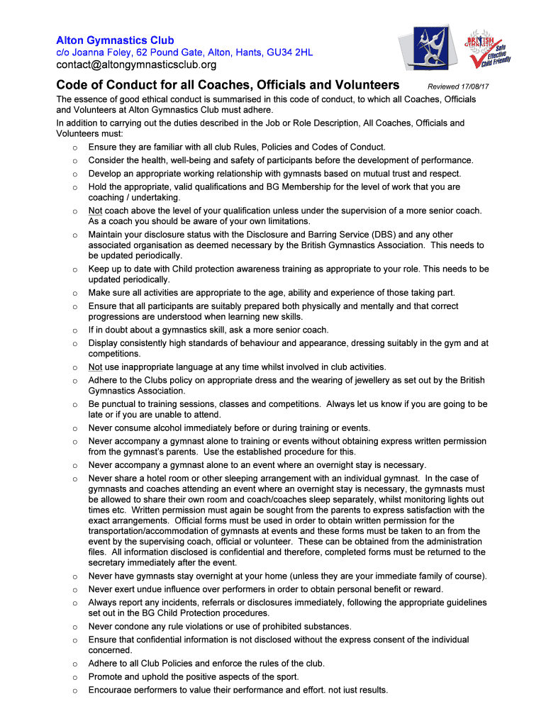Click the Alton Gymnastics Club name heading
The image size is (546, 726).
point(115,40)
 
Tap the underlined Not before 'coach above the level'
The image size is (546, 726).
point(96,211)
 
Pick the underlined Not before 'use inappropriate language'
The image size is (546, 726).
point(96,367)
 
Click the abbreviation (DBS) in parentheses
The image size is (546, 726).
point(379,235)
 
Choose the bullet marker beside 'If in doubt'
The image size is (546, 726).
point(74,330)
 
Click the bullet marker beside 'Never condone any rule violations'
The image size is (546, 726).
point(74,627)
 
